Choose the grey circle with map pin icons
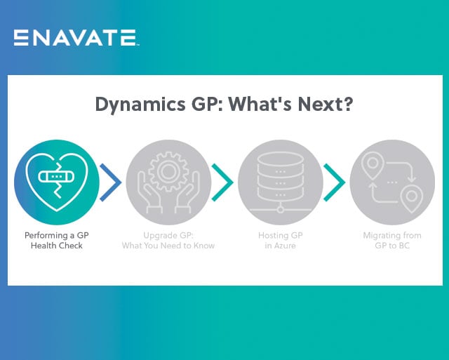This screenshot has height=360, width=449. point(392,182)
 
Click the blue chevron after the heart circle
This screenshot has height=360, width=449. point(111,182)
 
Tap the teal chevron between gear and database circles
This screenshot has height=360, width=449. point(222,182)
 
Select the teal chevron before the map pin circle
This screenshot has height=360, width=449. point(335,182)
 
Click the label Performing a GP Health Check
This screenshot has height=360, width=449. point(56,241)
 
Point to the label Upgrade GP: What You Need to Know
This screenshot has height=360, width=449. point(168,241)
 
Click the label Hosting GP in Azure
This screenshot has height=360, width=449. point(281,241)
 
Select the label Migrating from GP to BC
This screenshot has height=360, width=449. point(392,241)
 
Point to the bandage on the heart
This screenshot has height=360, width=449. point(55,176)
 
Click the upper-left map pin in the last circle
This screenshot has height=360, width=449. point(371,164)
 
